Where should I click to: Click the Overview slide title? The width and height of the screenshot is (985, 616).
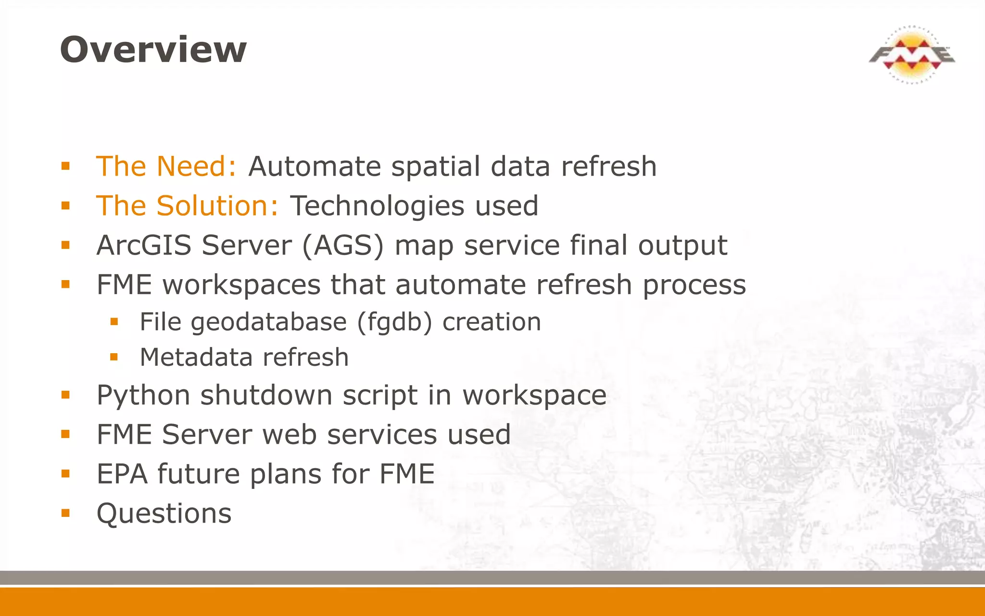153,50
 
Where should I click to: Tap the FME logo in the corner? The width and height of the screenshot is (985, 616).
912,55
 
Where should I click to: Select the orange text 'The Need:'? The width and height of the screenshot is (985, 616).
166,167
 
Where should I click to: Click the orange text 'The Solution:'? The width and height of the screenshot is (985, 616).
187,206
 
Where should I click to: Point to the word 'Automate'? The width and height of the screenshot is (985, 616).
315,167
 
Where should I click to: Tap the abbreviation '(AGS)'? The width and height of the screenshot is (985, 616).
343,246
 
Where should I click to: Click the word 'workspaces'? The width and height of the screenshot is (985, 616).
241,285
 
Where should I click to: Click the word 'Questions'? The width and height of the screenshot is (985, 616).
164,513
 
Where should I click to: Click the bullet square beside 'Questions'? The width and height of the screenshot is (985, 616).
66,513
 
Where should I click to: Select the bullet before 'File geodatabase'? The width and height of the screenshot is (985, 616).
114,321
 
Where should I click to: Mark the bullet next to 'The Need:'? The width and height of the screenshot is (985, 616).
66,167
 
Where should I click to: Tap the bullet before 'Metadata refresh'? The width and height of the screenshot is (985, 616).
114,357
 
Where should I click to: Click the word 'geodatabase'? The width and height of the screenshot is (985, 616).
268,322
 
